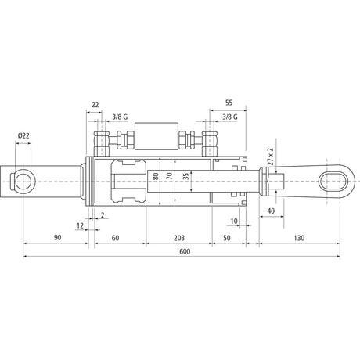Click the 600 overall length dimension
185,251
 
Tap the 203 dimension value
179,238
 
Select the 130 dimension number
299,238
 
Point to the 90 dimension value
57,238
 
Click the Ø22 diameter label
23,135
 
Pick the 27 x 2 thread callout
271,157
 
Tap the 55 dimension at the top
229,103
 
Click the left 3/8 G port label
120,117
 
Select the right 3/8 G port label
230,117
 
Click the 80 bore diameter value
156,176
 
